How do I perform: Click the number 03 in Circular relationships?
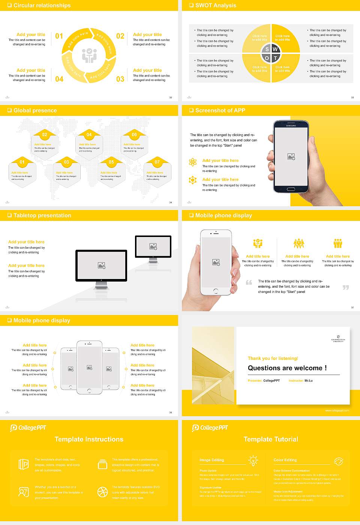120,79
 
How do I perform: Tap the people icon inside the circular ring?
89,55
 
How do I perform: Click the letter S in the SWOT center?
267,49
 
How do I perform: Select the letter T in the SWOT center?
275,58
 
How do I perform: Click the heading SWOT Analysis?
216,5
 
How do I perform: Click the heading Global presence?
35,110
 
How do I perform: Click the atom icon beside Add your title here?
193,162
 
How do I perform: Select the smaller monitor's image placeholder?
153,246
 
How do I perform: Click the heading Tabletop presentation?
42,215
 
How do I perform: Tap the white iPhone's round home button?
216,291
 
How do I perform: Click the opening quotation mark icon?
249,282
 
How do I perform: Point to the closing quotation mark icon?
346,287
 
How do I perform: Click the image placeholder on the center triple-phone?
89,367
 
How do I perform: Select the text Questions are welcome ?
287,368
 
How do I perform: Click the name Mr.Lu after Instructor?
308,381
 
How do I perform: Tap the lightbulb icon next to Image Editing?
253,460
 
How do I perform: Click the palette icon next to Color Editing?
338,461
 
